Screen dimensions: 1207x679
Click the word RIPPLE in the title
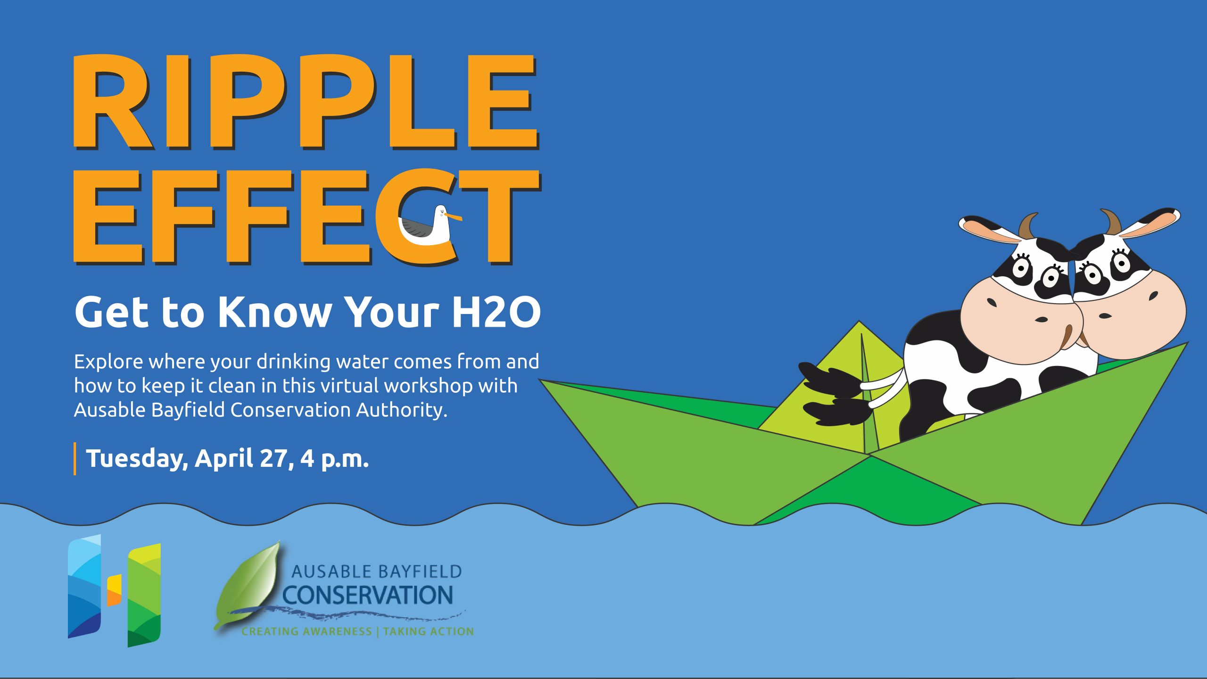[305, 102]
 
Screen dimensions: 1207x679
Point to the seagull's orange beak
[454, 217]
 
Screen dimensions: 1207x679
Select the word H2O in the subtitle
[496, 312]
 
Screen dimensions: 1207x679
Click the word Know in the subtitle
[274, 312]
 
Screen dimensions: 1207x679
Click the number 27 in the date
[273, 458]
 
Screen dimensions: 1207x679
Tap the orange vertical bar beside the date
[75, 459]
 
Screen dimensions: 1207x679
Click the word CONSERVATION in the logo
[368, 596]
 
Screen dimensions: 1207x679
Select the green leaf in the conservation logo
[248, 585]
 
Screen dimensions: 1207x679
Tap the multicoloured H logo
[115, 591]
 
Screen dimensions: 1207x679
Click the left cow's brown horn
[1028, 226]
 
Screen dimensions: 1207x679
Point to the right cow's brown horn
[1112, 222]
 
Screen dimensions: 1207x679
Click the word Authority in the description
[401, 409]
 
